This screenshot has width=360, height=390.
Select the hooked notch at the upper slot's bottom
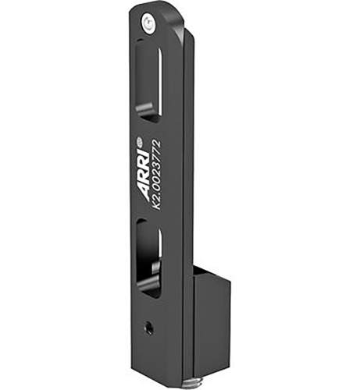coord(147,109)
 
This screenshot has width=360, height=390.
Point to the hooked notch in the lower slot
coord(148,285)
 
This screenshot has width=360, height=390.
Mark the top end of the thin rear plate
coord(190,36)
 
